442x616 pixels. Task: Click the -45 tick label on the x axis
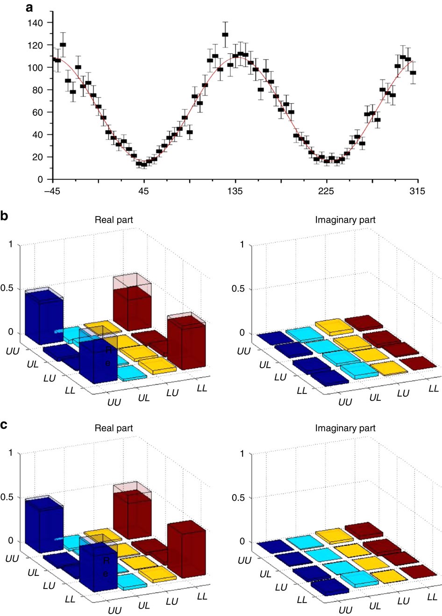pos(52,191)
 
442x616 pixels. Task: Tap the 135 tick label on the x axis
pos(235,191)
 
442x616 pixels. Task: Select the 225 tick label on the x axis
pos(326,191)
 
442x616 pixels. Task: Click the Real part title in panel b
pos(114,220)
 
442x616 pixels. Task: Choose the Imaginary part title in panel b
pos(345,220)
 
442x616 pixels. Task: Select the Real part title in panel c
pos(114,428)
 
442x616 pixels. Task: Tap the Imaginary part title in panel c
pos(345,428)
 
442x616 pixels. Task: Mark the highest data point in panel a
pos(225,35)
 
